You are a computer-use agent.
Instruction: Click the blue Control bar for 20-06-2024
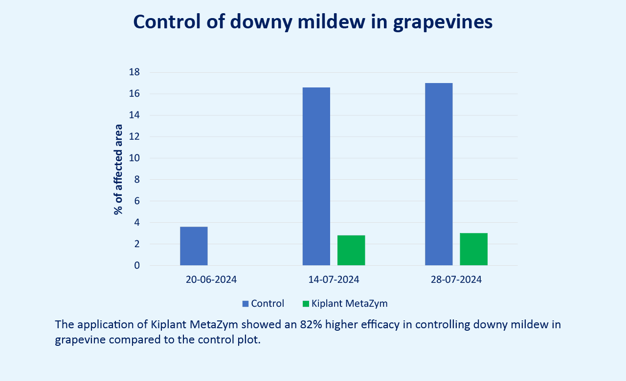tap(194, 246)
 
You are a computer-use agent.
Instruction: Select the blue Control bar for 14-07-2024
tap(316, 176)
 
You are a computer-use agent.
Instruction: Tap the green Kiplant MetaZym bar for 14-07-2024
tap(351, 250)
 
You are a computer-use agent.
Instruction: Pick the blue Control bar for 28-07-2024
tap(439, 174)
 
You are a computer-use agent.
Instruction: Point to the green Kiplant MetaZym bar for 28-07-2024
tap(473, 249)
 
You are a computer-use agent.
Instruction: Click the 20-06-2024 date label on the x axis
tap(211, 280)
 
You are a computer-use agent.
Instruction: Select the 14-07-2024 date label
tap(334, 280)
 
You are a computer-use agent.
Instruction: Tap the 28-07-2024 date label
tap(456, 280)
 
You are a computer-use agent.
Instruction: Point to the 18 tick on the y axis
tap(134, 72)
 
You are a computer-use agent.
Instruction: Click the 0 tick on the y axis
tap(137, 265)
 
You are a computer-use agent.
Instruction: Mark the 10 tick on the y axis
tap(134, 158)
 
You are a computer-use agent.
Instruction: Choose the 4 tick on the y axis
tap(137, 222)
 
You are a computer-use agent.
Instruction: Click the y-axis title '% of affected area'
tap(118, 169)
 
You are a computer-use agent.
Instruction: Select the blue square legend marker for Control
tap(246, 304)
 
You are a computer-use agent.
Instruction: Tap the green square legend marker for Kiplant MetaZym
tap(306, 304)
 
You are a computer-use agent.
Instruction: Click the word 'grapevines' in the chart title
tap(443, 22)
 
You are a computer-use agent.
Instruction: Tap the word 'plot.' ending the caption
tap(248, 340)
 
